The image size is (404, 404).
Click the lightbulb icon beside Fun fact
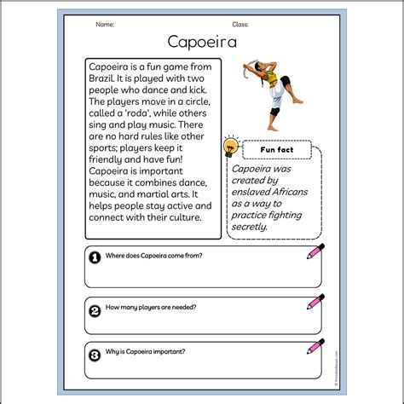point(229,147)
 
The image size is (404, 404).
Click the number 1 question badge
point(95,255)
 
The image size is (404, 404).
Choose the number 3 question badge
point(95,353)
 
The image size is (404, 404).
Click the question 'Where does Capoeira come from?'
point(154,255)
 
